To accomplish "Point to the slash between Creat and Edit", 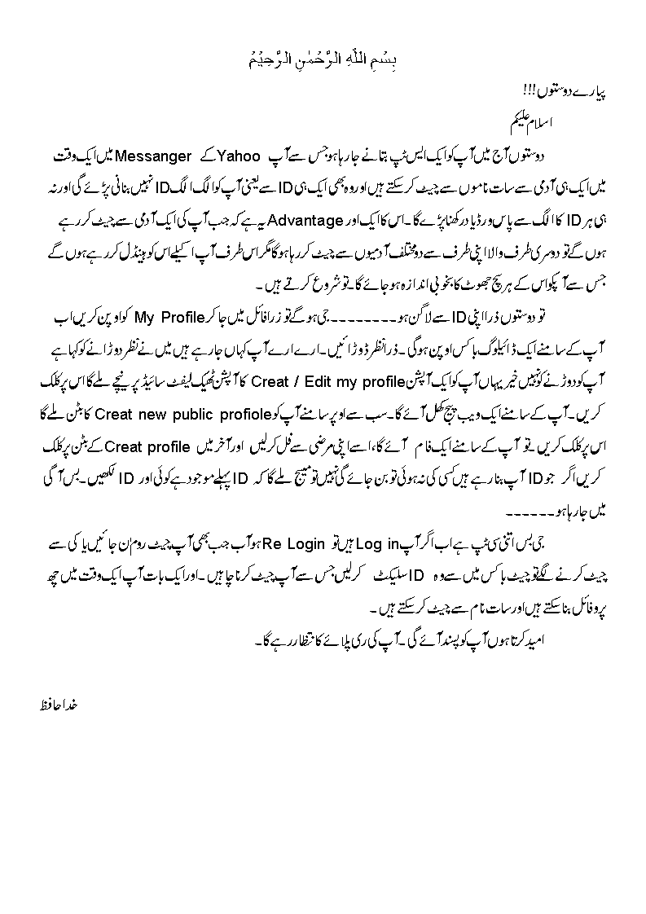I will [301, 380].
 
